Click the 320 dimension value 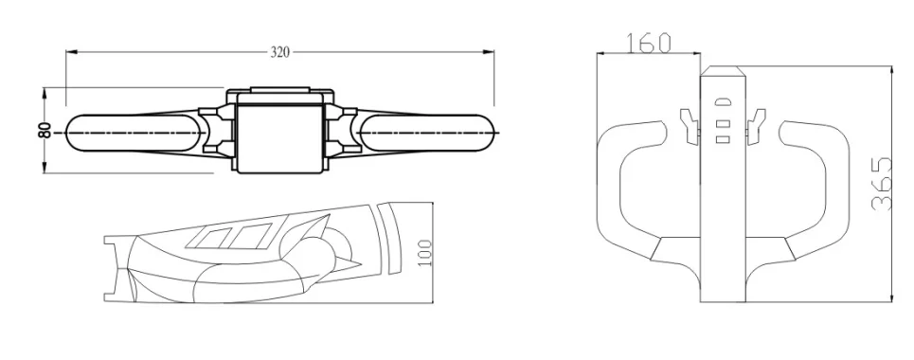[x=279, y=53]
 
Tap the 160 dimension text [x=648, y=43]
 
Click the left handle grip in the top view [x=133, y=134]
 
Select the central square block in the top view [x=280, y=134]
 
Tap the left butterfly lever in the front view [x=689, y=122]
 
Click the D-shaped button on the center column [x=722, y=101]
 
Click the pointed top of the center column [x=722, y=70]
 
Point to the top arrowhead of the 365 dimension [x=893, y=69]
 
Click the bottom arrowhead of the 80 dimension [x=45, y=170]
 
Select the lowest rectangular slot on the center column [x=722, y=138]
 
